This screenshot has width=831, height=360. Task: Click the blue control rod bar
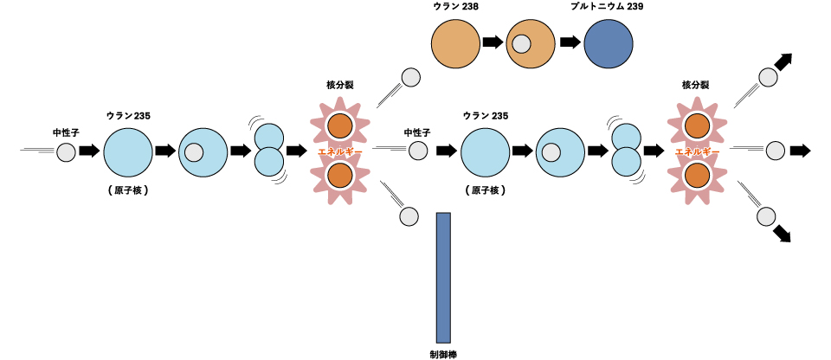(443, 277)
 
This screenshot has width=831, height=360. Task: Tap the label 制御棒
(443, 353)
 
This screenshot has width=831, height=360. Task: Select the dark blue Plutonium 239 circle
(609, 43)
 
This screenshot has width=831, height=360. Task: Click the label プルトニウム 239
(607, 6)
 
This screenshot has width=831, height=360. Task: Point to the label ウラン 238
(457, 6)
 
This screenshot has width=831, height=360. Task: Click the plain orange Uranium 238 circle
(455, 43)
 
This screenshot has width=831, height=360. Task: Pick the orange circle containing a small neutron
(531, 43)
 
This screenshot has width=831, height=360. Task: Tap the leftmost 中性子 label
(67, 132)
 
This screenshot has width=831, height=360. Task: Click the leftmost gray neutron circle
(67, 153)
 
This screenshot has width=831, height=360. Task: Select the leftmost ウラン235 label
(128, 115)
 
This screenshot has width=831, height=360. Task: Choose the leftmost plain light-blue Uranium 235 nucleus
(128, 151)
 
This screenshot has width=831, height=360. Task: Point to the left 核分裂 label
(339, 85)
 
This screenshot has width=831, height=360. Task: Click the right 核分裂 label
(696, 85)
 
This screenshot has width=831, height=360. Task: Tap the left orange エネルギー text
(339, 151)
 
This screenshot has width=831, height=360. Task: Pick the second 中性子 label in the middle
(418, 132)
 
